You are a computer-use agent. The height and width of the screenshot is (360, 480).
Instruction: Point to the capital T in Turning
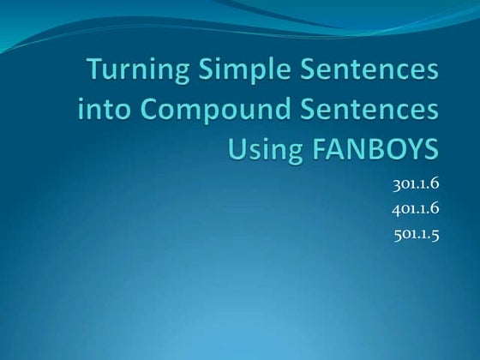click(96, 71)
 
